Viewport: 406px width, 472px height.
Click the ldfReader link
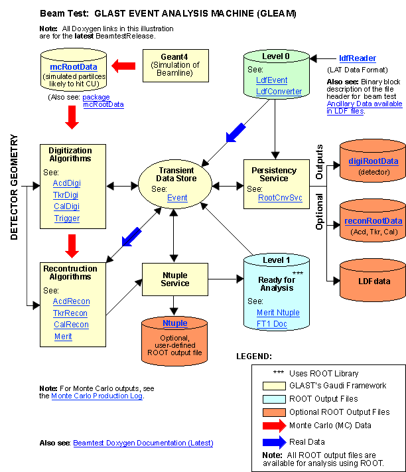(358, 58)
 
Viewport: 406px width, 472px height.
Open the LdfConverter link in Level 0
(279, 92)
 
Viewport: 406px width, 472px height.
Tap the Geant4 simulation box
(176, 66)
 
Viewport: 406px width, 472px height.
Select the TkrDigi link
(66, 195)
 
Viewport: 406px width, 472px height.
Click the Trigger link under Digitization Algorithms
(67, 218)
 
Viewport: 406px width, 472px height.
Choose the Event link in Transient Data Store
(177, 198)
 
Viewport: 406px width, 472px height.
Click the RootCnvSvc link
(280, 198)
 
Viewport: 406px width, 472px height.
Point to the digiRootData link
(373, 161)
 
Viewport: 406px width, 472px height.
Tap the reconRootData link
(373, 221)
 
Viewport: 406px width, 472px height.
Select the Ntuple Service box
(175, 279)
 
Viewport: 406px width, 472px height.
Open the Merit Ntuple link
(278, 313)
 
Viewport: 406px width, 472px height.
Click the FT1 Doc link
(271, 324)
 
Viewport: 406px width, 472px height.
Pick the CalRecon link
(71, 325)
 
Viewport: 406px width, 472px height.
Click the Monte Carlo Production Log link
(97, 396)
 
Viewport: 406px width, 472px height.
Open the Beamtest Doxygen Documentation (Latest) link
(143, 443)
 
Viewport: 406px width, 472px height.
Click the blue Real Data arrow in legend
(274, 442)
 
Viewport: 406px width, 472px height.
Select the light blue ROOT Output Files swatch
(274, 399)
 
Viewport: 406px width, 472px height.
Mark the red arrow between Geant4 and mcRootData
(123, 66)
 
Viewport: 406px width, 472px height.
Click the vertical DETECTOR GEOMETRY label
(14, 187)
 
